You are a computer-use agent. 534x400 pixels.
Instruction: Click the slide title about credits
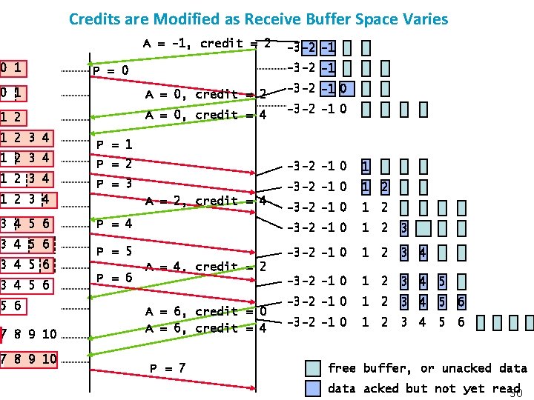(258, 18)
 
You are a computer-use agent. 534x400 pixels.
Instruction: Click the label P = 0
(111, 71)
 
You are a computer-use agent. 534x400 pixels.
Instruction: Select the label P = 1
(115, 145)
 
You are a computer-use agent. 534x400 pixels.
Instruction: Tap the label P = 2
(115, 164)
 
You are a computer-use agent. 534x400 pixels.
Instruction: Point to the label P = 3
(115, 183)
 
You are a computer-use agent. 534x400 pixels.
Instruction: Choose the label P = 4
(115, 223)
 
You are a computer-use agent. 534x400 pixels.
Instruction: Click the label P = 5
(115, 251)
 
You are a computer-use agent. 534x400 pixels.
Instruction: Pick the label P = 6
(115, 277)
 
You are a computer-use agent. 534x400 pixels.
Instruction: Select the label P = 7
(168, 368)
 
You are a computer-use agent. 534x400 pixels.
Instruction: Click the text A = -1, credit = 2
(206, 44)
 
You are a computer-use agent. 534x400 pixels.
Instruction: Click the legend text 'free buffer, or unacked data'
(427, 368)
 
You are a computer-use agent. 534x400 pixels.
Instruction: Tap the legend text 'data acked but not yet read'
(423, 388)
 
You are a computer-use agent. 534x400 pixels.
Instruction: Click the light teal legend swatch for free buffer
(314, 368)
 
